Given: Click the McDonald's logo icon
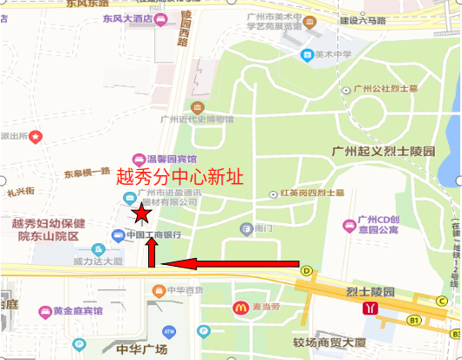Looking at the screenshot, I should [239, 307].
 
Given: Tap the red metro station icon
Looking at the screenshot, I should [372, 307].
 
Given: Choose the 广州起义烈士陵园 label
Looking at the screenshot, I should [384, 151].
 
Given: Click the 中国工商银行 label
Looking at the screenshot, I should [153, 234].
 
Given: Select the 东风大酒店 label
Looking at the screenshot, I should [127, 17].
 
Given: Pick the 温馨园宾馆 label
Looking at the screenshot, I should [171, 157].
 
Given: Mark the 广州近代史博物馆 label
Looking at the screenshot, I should [198, 119].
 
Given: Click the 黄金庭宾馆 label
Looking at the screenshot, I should [77, 311].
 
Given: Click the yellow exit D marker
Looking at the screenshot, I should [307, 270].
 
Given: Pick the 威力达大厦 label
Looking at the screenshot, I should [98, 261].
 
